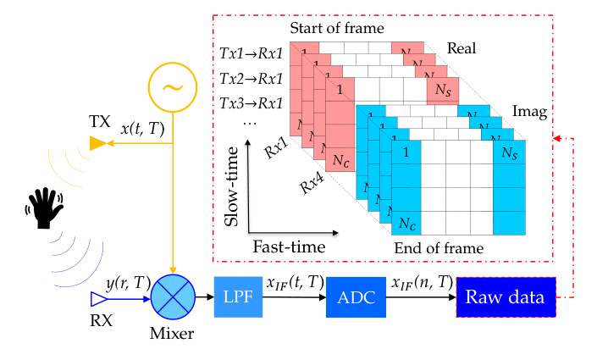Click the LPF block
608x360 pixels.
pyautogui.click(x=238, y=296)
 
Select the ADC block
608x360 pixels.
pyautogui.click(x=356, y=297)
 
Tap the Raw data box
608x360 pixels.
pyautogui.click(x=506, y=297)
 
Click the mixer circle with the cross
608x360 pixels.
pyautogui.click(x=173, y=297)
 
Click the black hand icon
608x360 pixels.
pyautogui.click(x=44, y=208)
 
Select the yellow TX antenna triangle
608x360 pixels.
pyautogui.click(x=98, y=143)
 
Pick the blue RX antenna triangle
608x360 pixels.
pyautogui.click(x=99, y=299)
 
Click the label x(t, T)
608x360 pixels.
pyautogui.click(x=143, y=129)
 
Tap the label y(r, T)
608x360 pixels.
pyautogui.click(x=129, y=284)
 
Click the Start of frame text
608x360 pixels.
pyautogui.click(x=337, y=28)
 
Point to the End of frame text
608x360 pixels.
pyautogui.click(x=439, y=248)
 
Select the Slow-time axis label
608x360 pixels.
pyautogui.click(x=231, y=186)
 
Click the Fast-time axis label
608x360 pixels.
pyautogui.click(x=290, y=246)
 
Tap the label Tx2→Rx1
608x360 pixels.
pyautogui.click(x=251, y=79)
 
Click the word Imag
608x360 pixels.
pyautogui.click(x=530, y=112)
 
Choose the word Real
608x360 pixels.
pyautogui.click(x=462, y=48)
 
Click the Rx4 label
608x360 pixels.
pyautogui.click(x=312, y=182)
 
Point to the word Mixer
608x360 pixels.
pyautogui.click(x=172, y=333)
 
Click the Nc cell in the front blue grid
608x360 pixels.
pyautogui.click(x=406, y=223)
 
